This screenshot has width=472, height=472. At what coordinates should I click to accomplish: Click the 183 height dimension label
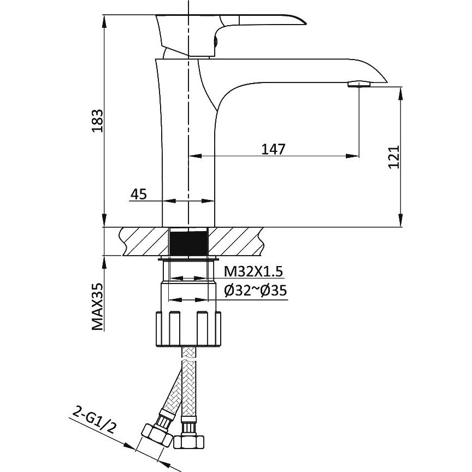(x=98, y=121)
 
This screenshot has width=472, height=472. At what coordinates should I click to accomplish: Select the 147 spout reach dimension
(x=273, y=149)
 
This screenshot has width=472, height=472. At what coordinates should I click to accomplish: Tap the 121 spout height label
(x=394, y=157)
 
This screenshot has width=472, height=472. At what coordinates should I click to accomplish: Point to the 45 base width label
(x=138, y=194)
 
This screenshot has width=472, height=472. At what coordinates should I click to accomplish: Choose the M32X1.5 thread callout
(x=253, y=272)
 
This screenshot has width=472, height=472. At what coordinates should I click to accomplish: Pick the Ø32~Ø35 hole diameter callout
(x=256, y=291)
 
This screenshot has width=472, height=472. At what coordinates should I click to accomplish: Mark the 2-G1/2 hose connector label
(x=94, y=421)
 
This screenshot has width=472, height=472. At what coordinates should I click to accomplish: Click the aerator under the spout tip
(x=359, y=84)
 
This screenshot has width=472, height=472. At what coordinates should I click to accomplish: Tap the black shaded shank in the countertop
(x=188, y=241)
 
